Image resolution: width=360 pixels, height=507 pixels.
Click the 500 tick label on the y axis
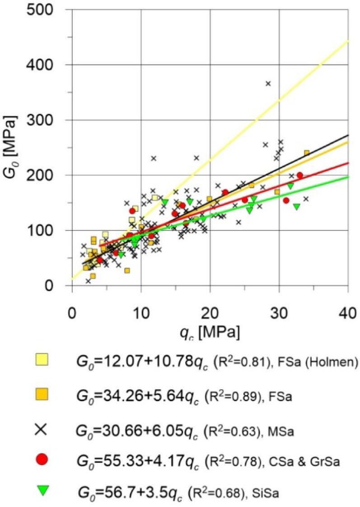(45, 10)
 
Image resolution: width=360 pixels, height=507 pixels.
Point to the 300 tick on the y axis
(45, 120)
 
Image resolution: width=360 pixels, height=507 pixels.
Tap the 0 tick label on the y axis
(56, 286)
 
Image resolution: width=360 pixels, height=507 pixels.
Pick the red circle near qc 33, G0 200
(299, 175)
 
